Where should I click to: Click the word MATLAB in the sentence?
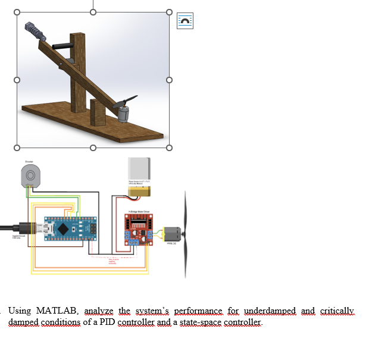coord(57,311)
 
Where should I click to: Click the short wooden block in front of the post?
coord(98,112)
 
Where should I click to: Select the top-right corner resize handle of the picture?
coord(169,12)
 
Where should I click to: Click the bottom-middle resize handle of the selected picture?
coord(93,148)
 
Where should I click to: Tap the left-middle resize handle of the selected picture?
coord(17,80)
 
